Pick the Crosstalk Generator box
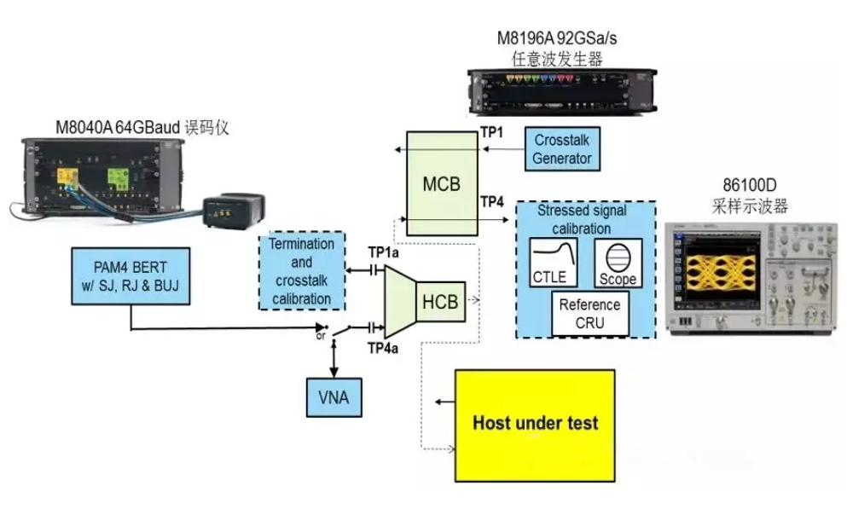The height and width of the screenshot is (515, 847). [x=562, y=148]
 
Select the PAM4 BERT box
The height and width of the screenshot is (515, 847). [x=131, y=275]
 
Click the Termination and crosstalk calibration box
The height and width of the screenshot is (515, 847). [x=301, y=271]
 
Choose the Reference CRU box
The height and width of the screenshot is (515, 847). [x=589, y=313]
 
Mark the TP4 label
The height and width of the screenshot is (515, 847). [x=492, y=201]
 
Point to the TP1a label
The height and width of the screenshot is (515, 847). [x=382, y=253]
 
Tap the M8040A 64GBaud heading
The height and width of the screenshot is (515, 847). [x=120, y=128]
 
